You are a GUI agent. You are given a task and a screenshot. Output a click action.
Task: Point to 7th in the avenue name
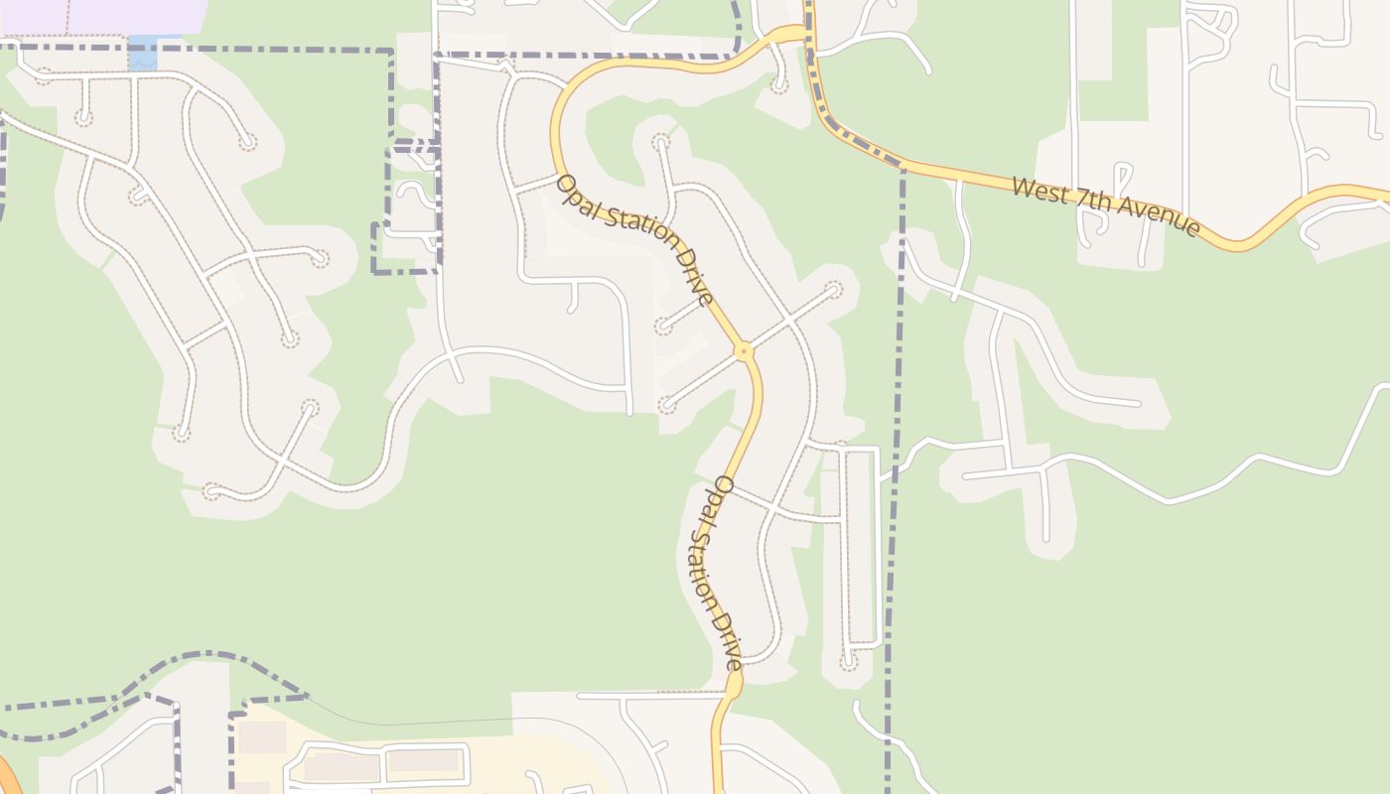pyautogui.click(x=1090, y=201)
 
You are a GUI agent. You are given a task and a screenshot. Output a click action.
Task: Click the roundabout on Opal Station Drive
pyautogui.click(x=743, y=350)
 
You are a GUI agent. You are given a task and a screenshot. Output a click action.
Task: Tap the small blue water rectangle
pyautogui.click(x=143, y=54)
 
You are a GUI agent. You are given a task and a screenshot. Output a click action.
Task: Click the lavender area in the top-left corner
pyautogui.click(x=99, y=16)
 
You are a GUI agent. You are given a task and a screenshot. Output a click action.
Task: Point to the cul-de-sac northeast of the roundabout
pyautogui.click(x=834, y=290)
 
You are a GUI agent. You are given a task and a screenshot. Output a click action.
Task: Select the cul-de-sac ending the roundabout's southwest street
pyautogui.click(x=667, y=405)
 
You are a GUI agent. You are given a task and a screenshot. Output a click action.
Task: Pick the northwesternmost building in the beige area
pyautogui.click(x=262, y=736)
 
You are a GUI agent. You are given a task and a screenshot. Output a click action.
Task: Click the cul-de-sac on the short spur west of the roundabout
pyautogui.click(x=663, y=327)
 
